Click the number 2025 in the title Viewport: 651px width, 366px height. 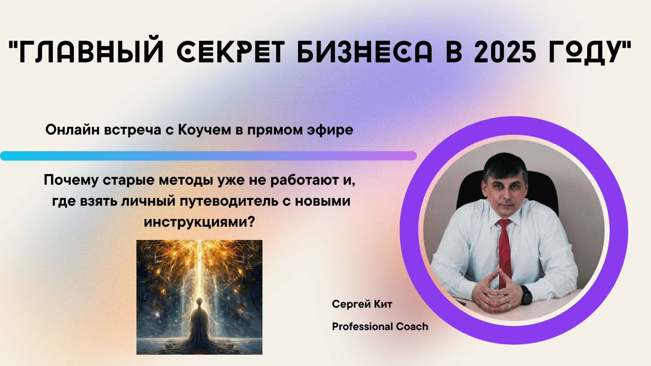click(x=505, y=52)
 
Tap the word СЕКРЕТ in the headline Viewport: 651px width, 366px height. click(x=231, y=52)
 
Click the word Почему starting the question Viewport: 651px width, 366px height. click(x=71, y=180)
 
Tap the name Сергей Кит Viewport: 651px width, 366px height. click(x=362, y=304)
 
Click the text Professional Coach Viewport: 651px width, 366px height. click(x=380, y=326)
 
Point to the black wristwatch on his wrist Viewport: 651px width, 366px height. click(x=526, y=294)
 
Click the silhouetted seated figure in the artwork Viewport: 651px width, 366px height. click(x=199, y=323)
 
